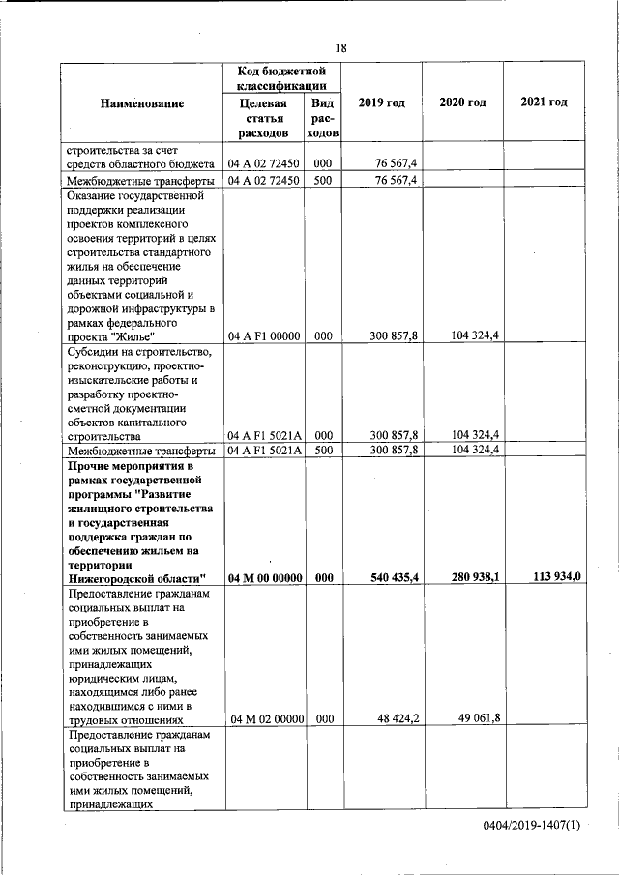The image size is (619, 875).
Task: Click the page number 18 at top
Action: (340, 48)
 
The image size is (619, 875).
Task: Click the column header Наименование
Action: (141, 103)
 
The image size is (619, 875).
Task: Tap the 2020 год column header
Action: (462, 103)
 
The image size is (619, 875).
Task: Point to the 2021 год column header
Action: (544, 103)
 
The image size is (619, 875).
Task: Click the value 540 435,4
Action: (394, 578)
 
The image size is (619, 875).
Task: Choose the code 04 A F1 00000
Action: (264, 336)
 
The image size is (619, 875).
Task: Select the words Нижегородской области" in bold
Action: (131, 578)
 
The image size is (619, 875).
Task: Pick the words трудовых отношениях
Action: (125, 719)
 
